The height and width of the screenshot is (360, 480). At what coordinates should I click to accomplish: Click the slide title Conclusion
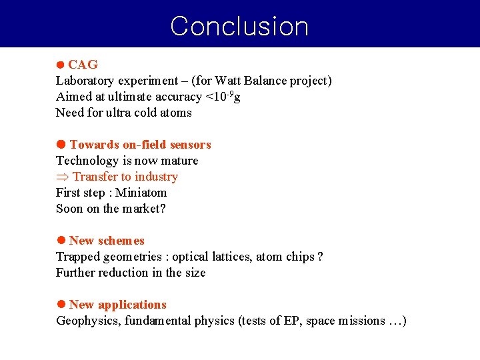[x=239, y=26]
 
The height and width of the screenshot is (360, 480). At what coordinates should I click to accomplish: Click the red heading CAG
[x=83, y=65]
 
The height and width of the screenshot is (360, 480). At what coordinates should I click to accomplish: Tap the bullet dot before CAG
[x=60, y=65]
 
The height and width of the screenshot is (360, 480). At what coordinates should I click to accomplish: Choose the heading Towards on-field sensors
[x=140, y=145]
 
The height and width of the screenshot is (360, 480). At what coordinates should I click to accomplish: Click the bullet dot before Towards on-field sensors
[x=60, y=145]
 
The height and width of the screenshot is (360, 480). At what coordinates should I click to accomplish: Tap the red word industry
[x=156, y=177]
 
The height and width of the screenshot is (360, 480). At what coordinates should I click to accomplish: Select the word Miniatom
[x=142, y=193]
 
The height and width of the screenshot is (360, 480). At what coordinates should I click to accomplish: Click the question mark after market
[x=162, y=209]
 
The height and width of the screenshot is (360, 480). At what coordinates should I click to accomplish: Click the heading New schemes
[x=107, y=241]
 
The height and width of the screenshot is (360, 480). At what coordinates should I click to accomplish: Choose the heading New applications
[x=117, y=305]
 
